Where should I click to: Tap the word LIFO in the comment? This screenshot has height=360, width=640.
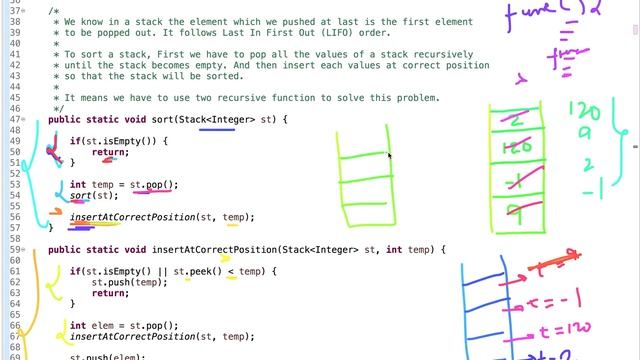[304, 32]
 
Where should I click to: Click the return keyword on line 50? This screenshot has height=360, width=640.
[109, 152]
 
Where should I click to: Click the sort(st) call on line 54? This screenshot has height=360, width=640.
[87, 195]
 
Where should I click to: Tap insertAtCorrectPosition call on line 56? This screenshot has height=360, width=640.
[133, 217]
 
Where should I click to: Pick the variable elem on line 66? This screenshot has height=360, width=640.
[98, 325]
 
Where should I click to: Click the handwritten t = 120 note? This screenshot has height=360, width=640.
[561, 327]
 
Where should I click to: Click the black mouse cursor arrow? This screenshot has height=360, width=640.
[389, 155]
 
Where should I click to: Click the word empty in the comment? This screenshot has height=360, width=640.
[173, 65]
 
